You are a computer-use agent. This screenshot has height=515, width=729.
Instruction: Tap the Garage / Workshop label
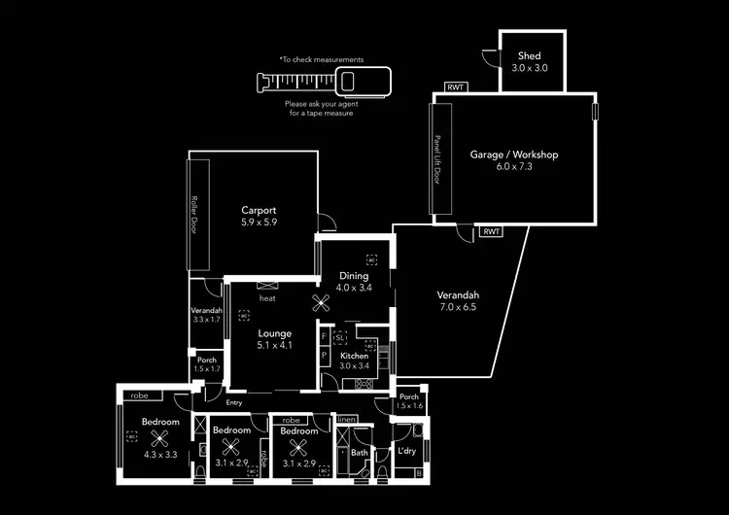[514, 154]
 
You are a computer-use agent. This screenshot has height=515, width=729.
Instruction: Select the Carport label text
[260, 210]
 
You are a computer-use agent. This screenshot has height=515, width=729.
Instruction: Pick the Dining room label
[354, 276]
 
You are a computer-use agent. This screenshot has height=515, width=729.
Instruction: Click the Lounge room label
[275, 334]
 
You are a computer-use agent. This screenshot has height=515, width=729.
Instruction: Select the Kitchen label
[355, 357]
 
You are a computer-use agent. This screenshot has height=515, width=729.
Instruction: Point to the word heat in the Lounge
[267, 298]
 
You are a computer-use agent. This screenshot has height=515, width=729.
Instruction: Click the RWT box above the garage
[455, 87]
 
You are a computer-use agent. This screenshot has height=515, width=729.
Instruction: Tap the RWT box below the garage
[491, 232]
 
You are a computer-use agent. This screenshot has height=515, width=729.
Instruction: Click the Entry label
[233, 402]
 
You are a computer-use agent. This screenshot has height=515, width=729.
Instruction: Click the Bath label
[360, 452]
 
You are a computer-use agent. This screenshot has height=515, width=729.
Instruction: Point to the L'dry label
[407, 451]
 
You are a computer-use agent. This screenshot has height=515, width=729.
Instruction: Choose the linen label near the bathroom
[347, 420]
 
